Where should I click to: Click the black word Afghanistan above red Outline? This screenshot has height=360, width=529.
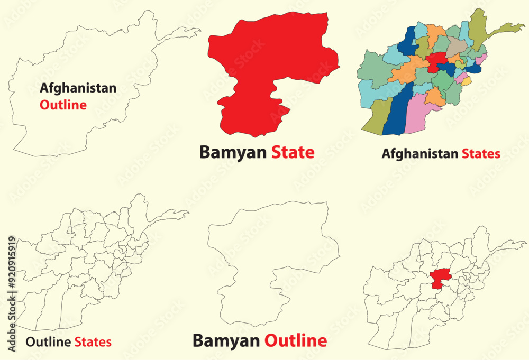[x=78, y=88]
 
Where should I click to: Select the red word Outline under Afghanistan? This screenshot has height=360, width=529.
[x=63, y=105]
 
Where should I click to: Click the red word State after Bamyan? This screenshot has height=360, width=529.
[x=293, y=152]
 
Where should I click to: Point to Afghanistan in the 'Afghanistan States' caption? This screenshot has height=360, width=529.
[x=419, y=154]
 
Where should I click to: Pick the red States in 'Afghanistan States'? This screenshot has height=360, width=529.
[x=480, y=154]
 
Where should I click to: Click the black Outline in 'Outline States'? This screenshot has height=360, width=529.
[x=48, y=342]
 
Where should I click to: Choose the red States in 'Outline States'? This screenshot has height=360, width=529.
[x=93, y=342]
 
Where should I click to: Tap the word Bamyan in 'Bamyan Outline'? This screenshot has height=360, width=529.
[x=226, y=341]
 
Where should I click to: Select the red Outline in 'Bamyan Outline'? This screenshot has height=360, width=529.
[x=295, y=341]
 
